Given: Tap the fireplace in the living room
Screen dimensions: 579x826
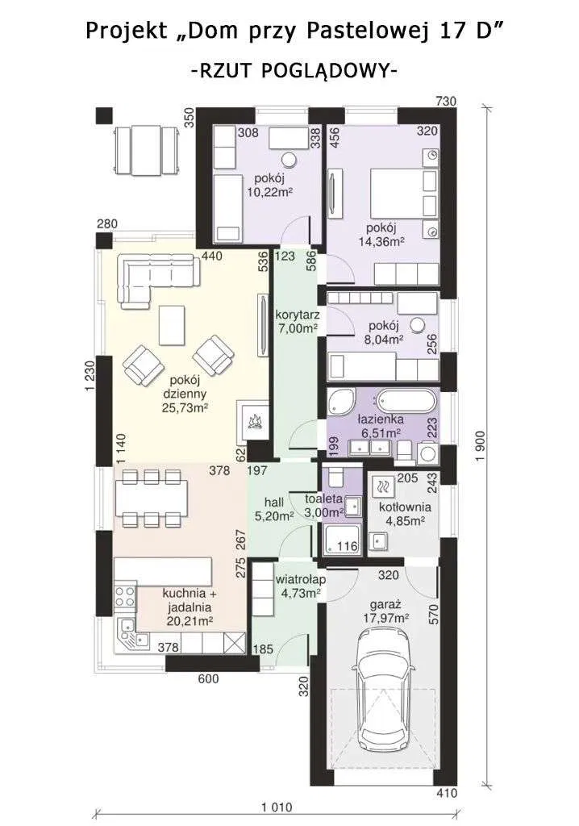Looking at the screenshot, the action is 254,419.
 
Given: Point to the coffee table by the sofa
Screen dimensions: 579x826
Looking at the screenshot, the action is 173,325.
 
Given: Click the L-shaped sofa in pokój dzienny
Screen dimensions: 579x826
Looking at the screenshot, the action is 157,277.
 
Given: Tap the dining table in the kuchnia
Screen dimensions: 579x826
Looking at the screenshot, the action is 152,498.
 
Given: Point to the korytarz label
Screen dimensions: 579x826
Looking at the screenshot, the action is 297,315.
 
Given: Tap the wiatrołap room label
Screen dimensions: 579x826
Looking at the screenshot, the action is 300,579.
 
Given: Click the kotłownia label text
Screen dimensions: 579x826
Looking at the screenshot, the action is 405,507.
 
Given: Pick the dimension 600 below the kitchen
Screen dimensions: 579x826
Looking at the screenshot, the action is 209,679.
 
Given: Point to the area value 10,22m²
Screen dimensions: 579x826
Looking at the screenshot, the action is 270,192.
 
